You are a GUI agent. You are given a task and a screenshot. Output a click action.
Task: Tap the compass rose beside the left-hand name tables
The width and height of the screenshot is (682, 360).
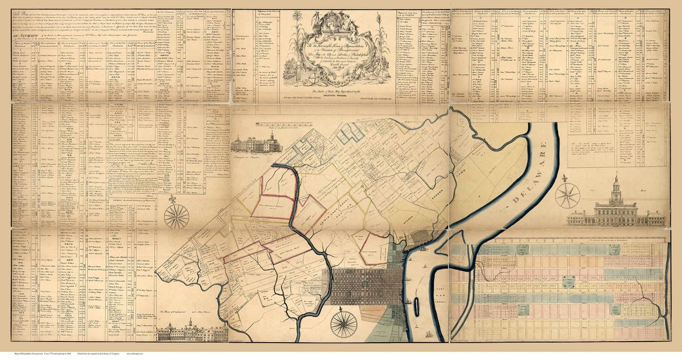176,216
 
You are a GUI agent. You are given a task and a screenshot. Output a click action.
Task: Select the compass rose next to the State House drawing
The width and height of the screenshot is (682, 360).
567,196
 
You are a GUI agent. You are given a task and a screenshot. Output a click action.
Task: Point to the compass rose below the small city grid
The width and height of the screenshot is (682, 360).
343,324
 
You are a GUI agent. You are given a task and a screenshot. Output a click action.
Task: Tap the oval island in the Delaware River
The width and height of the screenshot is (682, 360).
416,307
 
